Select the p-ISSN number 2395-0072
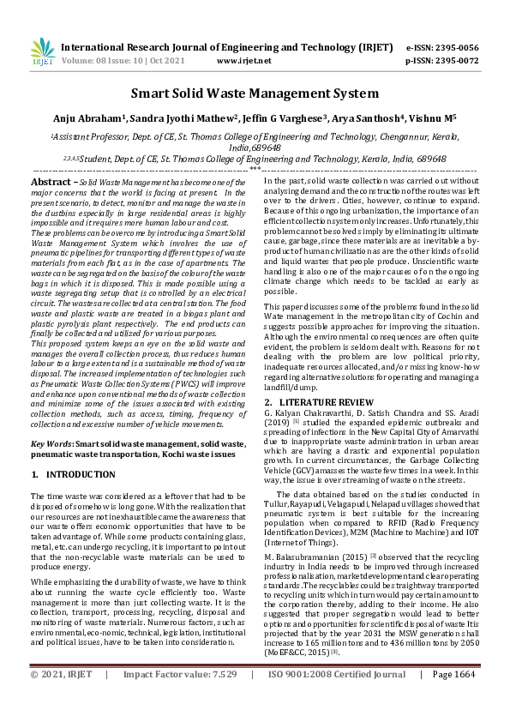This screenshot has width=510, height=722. (454, 62)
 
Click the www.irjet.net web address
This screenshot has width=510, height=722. (244, 62)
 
